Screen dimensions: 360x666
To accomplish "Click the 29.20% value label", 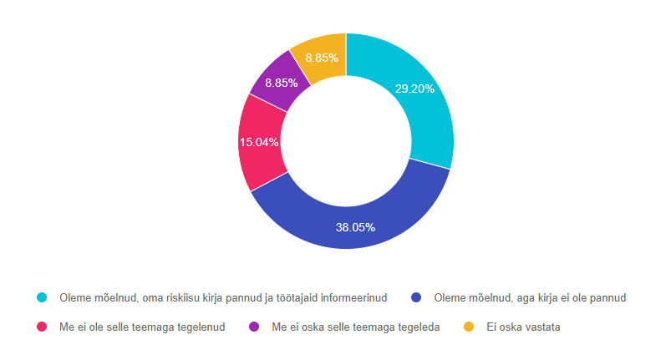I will (x=414, y=89).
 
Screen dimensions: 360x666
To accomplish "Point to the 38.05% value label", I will (x=354, y=227).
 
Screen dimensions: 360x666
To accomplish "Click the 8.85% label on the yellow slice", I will (x=322, y=58).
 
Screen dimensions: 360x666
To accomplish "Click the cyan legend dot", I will (x=41, y=297).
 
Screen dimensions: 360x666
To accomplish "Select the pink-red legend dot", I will (x=41, y=327).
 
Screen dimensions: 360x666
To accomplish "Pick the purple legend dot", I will (x=255, y=327).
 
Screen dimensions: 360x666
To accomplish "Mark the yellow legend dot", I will (x=469, y=327).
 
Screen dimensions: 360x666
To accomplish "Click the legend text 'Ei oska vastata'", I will (x=523, y=327).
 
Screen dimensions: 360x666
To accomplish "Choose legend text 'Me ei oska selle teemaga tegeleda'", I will (x=356, y=327).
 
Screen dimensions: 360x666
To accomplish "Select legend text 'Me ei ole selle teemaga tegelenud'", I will (x=142, y=327).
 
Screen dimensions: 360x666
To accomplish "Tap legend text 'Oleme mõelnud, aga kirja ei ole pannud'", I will (x=531, y=297).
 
